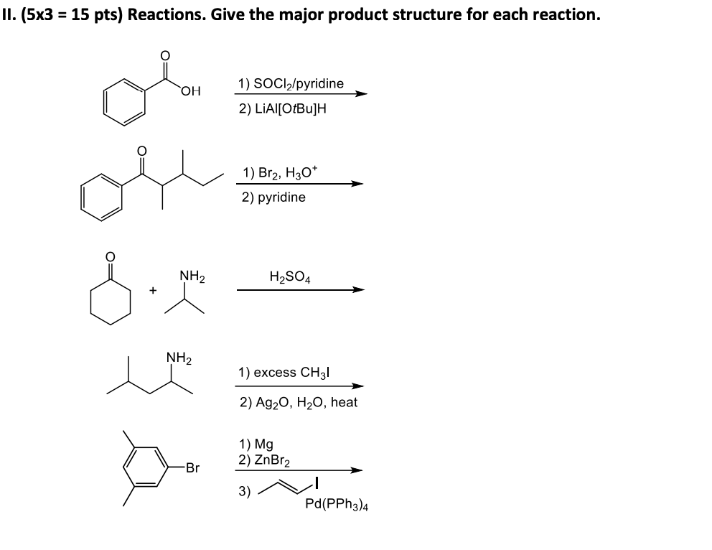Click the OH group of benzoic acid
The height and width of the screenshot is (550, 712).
coord(191,90)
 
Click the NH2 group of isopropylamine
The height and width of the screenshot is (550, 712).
coord(192,274)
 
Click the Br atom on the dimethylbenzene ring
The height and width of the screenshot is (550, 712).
coord(192,468)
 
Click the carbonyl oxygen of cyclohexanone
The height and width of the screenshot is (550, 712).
coord(110,256)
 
